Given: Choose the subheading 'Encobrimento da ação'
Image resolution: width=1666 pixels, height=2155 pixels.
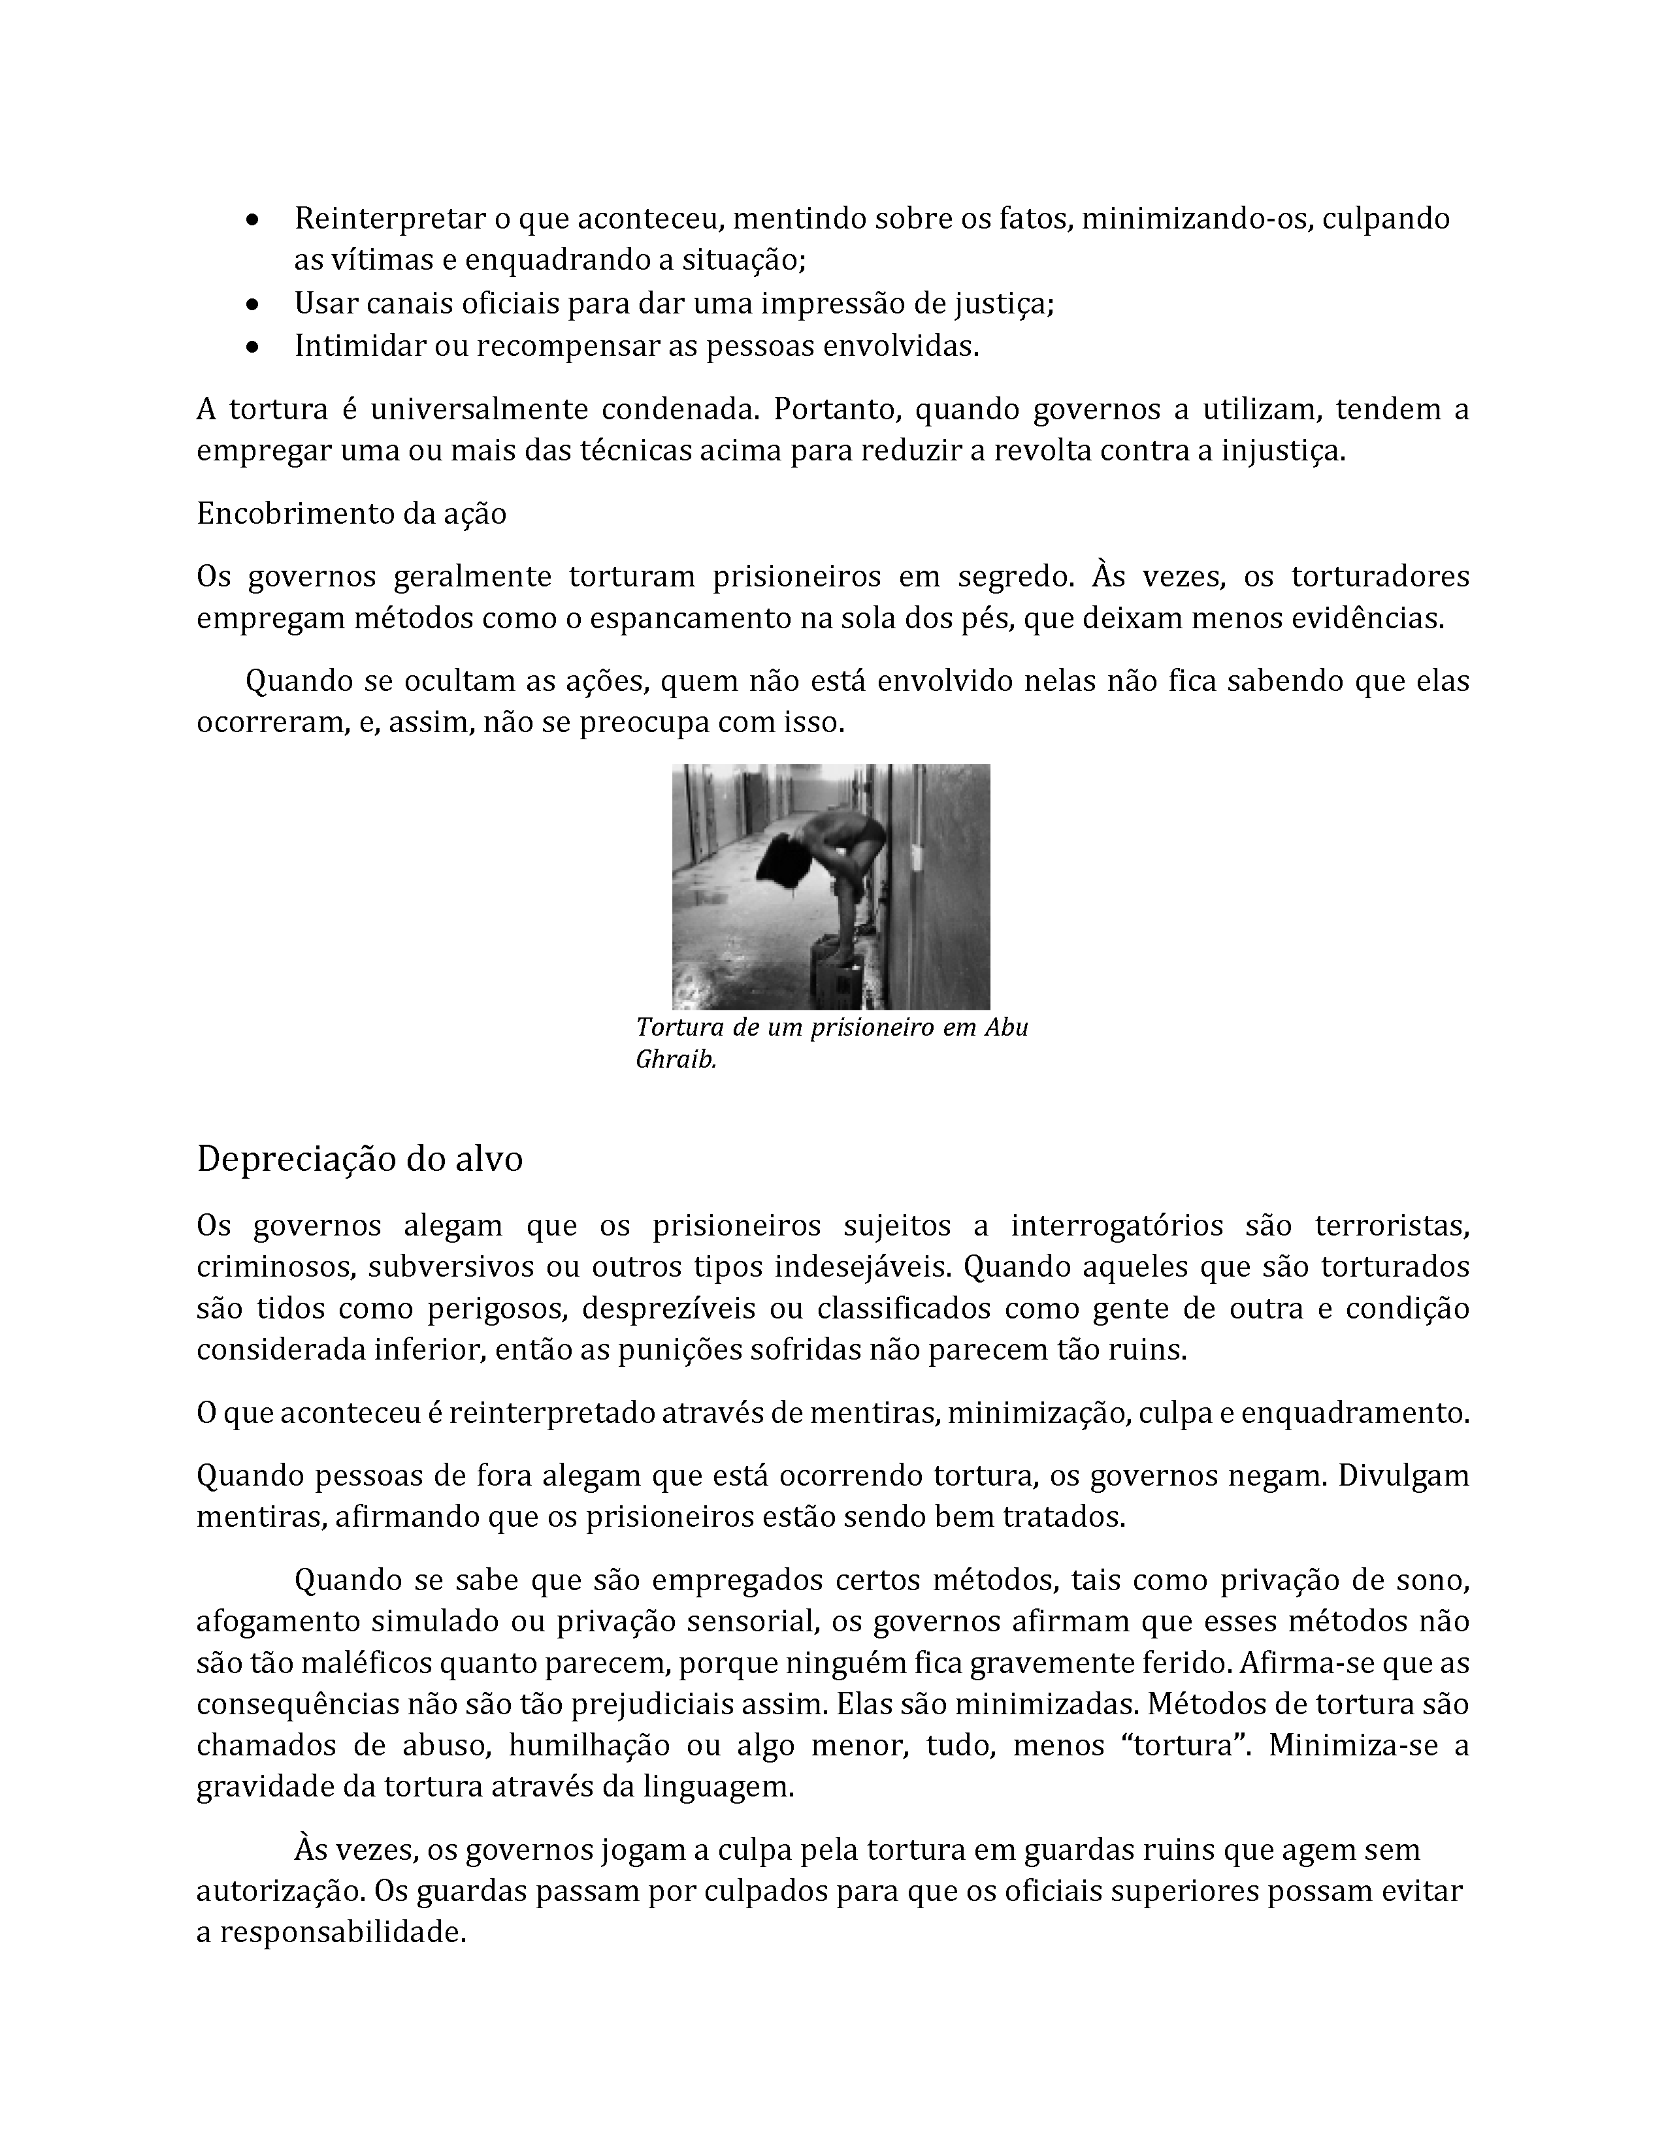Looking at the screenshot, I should click(351, 514).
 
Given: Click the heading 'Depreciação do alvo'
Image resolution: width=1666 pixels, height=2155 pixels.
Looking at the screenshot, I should click(359, 1158).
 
